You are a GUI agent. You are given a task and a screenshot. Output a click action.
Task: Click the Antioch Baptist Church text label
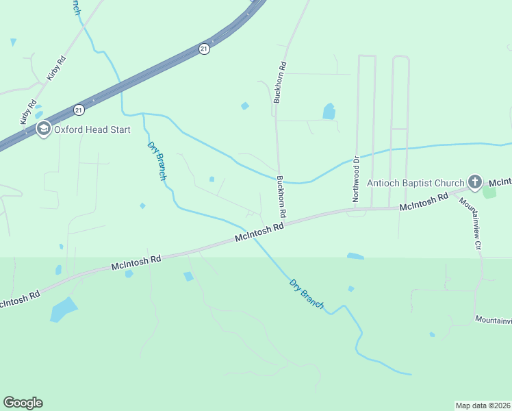click(x=415, y=183)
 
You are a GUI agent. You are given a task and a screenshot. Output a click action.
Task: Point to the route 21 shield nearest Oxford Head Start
click(x=79, y=110)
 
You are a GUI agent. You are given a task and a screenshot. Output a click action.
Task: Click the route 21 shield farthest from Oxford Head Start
click(x=204, y=49)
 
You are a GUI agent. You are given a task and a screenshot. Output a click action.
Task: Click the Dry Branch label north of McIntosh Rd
click(x=157, y=160)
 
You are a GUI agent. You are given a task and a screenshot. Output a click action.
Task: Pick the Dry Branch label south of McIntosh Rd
click(x=306, y=293)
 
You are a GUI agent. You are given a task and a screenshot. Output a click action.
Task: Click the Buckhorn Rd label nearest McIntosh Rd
click(x=281, y=197)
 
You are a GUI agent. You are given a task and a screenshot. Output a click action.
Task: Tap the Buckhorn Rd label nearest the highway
click(x=279, y=83)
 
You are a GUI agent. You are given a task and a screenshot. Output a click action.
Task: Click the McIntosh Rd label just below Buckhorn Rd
click(x=259, y=232)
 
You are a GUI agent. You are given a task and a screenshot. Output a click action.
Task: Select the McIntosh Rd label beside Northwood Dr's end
click(x=423, y=201)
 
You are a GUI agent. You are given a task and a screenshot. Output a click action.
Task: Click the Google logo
click(x=23, y=403)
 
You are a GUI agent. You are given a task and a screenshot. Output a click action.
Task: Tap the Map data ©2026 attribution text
click(x=483, y=405)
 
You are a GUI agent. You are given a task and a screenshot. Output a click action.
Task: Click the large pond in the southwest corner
click(x=64, y=310)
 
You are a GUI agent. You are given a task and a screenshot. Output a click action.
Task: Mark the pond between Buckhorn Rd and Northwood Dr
click(x=329, y=111)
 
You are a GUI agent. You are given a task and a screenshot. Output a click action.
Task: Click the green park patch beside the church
click(x=489, y=191)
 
